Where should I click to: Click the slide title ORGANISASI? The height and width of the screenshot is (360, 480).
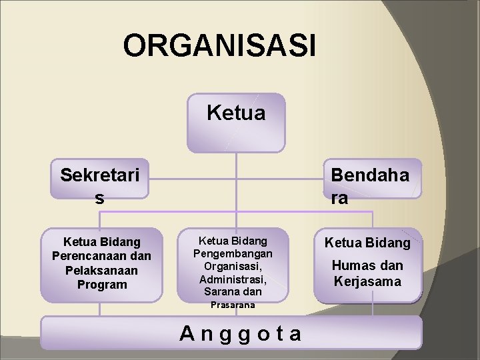click(219, 47)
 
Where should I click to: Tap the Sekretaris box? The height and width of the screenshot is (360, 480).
click(100, 185)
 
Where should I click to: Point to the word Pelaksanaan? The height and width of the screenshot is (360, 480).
click(101, 271)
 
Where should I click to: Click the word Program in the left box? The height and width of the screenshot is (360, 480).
click(101, 285)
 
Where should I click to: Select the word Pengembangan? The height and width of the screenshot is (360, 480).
click(233, 253)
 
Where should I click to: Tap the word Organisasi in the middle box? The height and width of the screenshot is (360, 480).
click(232, 266)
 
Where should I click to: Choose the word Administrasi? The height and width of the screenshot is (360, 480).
click(233, 279)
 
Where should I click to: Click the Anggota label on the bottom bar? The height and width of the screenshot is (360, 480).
click(241, 333)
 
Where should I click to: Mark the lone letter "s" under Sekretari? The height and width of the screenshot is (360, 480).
click(100, 198)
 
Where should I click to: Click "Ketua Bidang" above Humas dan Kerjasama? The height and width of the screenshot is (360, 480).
click(367, 243)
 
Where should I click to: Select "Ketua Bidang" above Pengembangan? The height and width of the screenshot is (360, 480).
click(233, 240)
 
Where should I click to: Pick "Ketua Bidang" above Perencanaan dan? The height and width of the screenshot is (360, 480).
click(101, 241)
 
